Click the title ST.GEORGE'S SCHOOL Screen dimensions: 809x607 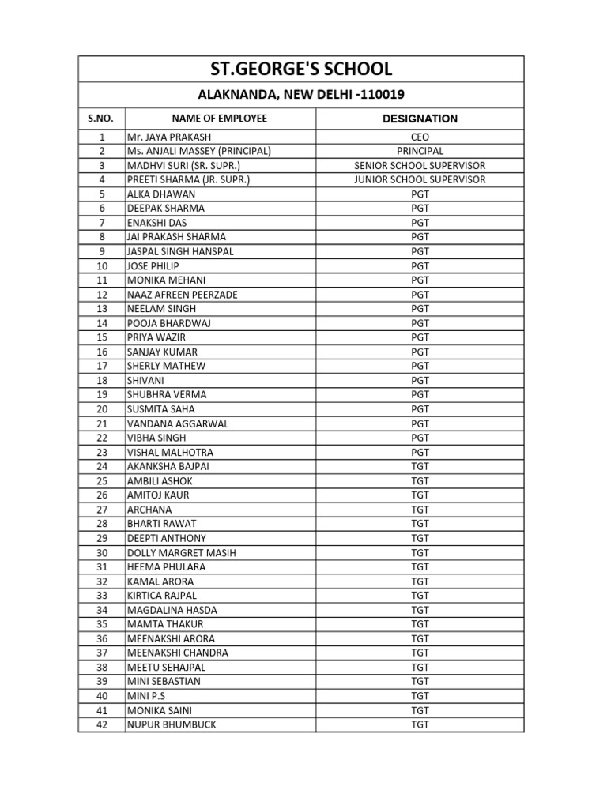coord(300,69)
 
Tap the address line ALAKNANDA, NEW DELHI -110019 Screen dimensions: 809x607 coord(300,95)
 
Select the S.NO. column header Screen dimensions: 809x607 coord(101,119)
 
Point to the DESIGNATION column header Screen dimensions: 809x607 coord(420,119)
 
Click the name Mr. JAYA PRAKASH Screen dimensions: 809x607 coord(169,137)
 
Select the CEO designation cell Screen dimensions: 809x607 coord(420,137)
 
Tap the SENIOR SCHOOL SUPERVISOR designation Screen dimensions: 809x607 coord(420,165)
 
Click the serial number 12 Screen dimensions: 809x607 coord(102,295)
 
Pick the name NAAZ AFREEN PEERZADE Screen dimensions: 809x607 coord(182,295)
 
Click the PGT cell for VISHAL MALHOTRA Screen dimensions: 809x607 coord(420,453)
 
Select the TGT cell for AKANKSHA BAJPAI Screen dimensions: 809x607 coord(420,467)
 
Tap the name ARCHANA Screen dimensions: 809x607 coord(149,510)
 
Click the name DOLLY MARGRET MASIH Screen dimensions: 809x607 coord(181,553)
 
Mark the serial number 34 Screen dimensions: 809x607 coord(102,610)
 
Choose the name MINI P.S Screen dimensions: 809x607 coord(147,696)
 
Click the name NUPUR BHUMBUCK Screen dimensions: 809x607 coord(172,724)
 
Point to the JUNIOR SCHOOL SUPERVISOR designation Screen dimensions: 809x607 coord(420,179)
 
